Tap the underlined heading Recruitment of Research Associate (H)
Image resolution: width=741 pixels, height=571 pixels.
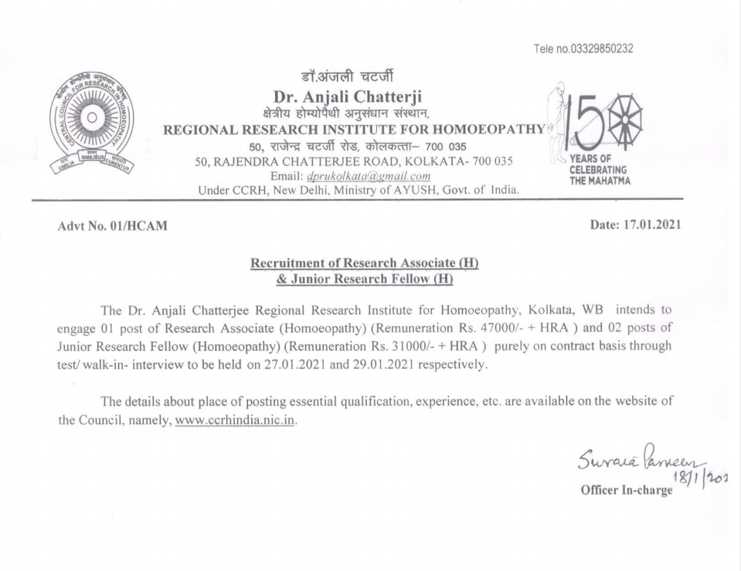365,262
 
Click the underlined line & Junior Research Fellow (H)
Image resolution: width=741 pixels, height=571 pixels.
365,277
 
